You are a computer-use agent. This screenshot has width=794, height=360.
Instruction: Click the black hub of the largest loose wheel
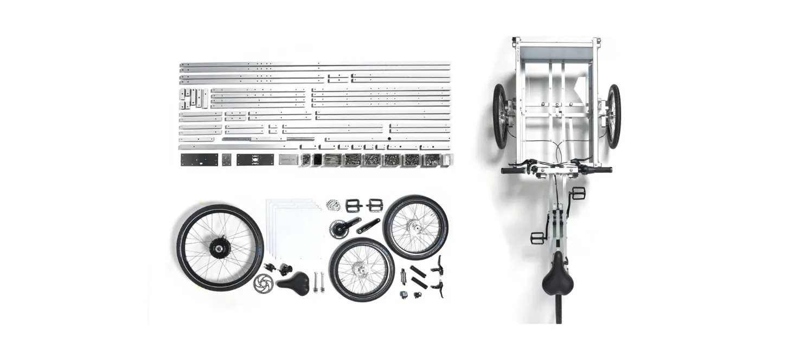[220, 248]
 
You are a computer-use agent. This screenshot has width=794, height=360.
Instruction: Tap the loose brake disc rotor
[264, 282]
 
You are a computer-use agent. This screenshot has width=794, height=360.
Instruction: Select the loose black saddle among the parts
[293, 282]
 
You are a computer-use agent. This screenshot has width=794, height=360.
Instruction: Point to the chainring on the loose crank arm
[338, 228]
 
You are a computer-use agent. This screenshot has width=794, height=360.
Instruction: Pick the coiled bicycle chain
[333, 205]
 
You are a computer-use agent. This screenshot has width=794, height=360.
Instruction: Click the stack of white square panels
[293, 228]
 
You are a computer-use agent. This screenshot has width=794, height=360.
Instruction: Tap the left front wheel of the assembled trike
[500, 116]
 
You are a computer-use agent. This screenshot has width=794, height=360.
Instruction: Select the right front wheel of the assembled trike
[613, 116]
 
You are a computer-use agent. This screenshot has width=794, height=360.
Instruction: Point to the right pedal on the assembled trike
[578, 193]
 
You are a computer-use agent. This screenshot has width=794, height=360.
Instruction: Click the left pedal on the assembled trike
[537, 237]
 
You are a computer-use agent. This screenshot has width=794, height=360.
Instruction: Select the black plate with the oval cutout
[255, 159]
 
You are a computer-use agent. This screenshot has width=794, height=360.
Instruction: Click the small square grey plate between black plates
[226, 159]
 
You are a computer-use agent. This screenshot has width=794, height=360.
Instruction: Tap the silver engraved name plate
[289, 159]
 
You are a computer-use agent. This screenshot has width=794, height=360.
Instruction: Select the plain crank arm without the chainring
[368, 226]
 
